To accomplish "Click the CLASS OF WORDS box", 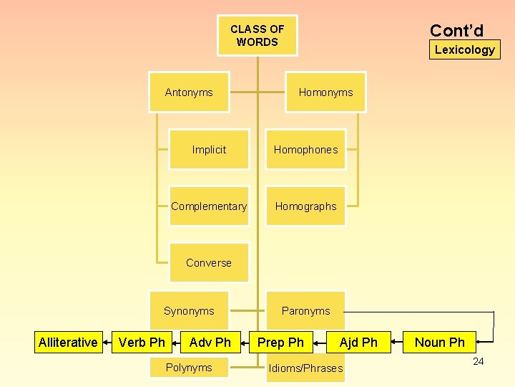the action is coord(257,35).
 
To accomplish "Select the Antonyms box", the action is coord(189,92).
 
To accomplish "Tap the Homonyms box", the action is coord(325,92).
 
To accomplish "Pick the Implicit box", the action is coord(209,150).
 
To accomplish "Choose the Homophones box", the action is coord(305,150).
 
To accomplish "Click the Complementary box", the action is coord(209,206).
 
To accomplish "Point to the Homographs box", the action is coord(305,206).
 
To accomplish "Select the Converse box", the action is coord(209,262).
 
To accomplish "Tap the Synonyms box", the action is coord(189,310).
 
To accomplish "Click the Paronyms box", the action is coord(305,310).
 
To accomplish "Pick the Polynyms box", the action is coord(189,368).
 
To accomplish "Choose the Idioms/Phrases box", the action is coord(305,368).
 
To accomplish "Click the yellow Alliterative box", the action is coord(68,343).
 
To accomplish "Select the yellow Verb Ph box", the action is coord(142,343).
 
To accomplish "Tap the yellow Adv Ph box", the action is coord(210,343).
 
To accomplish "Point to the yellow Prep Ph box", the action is coord(280,343).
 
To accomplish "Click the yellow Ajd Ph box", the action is coord(358,343).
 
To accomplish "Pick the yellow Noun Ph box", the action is coord(440,343).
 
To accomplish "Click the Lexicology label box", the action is coord(465,49).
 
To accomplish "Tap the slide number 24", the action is coord(479,361).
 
